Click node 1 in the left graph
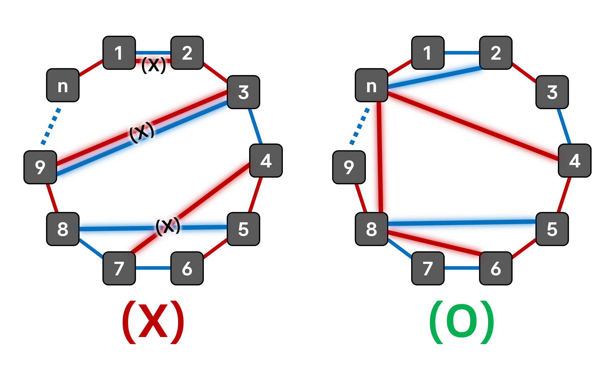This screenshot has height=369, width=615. (x=119, y=53)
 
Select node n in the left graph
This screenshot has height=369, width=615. (x=63, y=85)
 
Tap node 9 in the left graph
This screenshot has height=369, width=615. (x=40, y=167)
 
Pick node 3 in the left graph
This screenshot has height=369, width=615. (x=243, y=92)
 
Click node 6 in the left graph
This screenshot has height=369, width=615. (x=187, y=268)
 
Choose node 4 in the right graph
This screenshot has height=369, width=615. (x=574, y=161)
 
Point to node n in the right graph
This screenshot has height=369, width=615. (x=371, y=85)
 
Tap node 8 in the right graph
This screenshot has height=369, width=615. (x=371, y=229)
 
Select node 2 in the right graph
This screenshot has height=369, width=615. (x=496, y=53)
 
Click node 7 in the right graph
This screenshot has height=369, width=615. (x=428, y=268)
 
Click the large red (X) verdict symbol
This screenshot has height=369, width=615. (x=153, y=322)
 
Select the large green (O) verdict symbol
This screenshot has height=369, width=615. (x=462, y=322)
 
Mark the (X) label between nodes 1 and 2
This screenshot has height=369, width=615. (x=153, y=65)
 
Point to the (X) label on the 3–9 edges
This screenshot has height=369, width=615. (x=141, y=133)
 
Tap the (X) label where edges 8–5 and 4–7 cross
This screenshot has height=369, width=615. (x=168, y=226)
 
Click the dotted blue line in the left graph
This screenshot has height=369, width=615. (x=51, y=126)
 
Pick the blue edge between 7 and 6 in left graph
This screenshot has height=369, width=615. (x=153, y=268)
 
